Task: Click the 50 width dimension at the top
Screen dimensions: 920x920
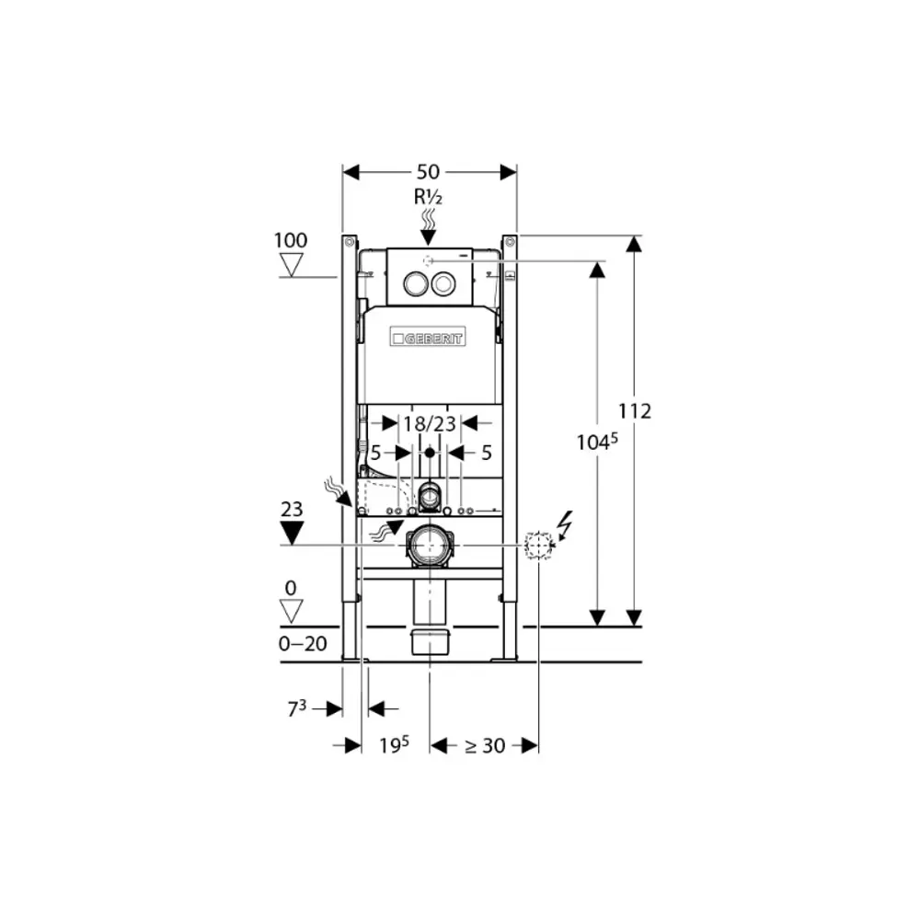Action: click(429, 172)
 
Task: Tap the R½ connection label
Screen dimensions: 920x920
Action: click(429, 197)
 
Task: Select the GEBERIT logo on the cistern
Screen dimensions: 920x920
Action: click(428, 338)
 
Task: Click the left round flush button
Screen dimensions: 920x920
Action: click(415, 284)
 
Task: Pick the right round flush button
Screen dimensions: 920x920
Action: click(443, 284)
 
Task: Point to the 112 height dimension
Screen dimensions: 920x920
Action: click(635, 410)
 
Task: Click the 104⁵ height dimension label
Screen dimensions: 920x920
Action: click(597, 442)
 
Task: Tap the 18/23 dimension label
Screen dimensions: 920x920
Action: click(430, 423)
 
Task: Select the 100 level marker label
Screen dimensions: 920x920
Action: click(291, 240)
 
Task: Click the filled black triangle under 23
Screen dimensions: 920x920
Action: click(292, 532)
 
